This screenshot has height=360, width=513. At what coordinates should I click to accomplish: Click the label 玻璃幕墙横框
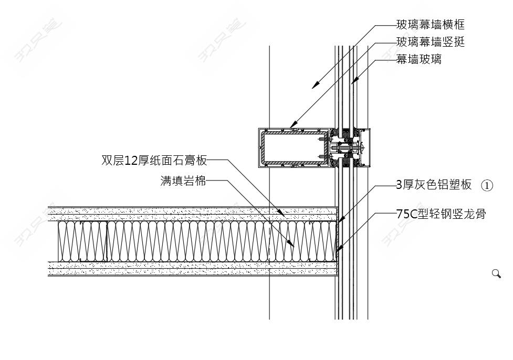point(430,25)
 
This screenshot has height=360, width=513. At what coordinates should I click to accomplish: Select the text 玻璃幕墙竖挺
point(430,42)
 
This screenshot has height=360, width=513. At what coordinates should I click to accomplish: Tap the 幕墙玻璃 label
point(418,59)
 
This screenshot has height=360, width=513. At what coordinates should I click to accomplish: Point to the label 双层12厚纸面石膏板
point(154,160)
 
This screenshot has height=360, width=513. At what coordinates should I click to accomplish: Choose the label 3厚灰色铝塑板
point(434,185)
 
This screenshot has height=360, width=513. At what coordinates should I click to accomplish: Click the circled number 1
point(487,185)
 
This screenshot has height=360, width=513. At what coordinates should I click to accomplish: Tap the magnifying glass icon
point(496,273)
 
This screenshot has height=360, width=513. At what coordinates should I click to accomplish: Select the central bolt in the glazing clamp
point(349,149)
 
